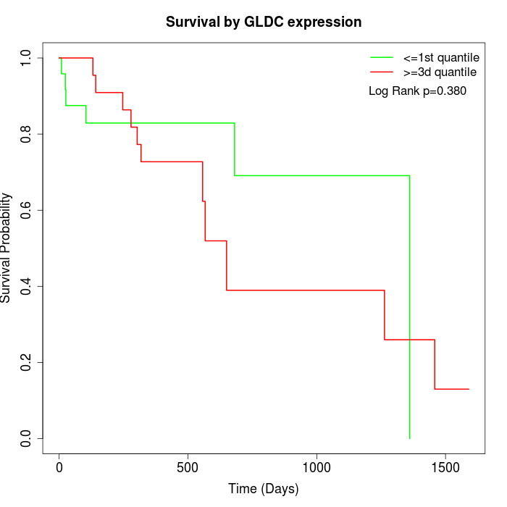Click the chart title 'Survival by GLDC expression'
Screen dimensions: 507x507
pos(264,22)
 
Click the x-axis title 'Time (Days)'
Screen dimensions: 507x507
pos(264,489)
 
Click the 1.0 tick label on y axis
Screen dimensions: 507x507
pos(27,58)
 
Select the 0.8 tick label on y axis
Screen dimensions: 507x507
pos(27,134)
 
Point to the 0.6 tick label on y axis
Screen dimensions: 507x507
pos(27,210)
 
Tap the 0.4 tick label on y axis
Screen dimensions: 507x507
pos(27,286)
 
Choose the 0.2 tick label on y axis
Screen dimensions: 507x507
pos(27,362)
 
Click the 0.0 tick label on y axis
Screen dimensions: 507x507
pos(27,438)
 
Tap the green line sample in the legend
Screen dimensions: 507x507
pos(381,57)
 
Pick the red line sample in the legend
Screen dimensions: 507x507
pos(381,72)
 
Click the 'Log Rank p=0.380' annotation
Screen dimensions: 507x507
pos(417,91)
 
